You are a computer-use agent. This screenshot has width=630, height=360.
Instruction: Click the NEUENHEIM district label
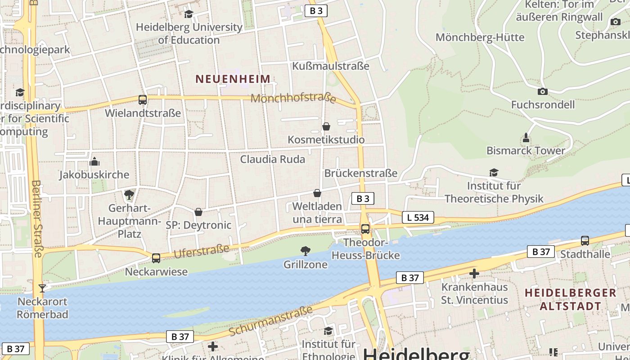(233, 79)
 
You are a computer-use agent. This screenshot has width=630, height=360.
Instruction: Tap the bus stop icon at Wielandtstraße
(143, 100)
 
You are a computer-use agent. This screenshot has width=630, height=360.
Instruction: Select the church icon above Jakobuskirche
(94, 161)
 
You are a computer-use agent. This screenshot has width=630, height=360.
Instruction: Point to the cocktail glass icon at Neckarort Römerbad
(42, 288)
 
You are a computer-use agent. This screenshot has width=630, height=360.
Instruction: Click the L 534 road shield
(417, 218)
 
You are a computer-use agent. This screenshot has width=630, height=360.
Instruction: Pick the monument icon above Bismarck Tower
(526, 137)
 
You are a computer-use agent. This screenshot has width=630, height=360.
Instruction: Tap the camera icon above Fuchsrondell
(543, 91)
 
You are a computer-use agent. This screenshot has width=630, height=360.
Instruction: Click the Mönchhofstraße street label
(293, 98)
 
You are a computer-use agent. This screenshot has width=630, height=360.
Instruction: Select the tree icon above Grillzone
(306, 251)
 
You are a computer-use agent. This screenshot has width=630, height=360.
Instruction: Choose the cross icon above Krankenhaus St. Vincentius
(474, 273)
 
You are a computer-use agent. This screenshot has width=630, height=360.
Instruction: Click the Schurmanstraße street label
(270, 321)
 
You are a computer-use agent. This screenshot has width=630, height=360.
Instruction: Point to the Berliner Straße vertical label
(37, 219)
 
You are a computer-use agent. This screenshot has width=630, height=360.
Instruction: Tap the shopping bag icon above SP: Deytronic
(198, 212)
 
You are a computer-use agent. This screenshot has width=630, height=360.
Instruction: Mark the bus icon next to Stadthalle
(585, 241)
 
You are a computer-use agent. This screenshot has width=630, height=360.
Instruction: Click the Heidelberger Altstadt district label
(570, 299)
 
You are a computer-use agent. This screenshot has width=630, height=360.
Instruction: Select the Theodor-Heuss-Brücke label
(365, 249)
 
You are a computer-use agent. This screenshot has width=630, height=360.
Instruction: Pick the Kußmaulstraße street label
(331, 66)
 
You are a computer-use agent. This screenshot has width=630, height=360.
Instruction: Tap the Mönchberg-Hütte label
(480, 37)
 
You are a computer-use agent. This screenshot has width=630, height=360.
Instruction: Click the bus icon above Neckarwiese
(156, 258)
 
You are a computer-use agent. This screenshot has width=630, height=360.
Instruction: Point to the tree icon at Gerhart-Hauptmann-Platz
(129, 195)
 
